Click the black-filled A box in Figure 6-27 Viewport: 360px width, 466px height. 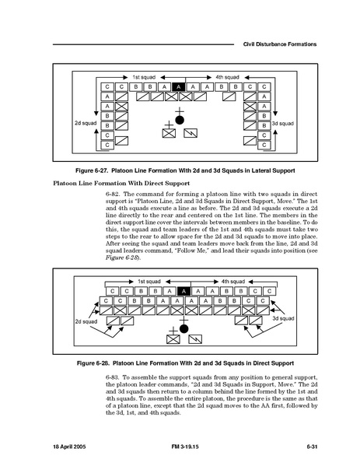[179, 87]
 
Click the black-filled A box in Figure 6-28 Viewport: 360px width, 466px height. [183, 291]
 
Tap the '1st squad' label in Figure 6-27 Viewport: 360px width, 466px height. [144, 77]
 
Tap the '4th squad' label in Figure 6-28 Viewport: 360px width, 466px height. [232, 282]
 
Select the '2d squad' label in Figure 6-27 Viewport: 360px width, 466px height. [86, 123]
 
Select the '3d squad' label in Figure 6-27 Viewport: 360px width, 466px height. [283, 124]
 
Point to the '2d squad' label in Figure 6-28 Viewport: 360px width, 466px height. [86, 321]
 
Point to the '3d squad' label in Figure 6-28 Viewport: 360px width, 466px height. [283, 318]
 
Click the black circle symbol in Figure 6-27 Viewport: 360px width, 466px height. [180, 120]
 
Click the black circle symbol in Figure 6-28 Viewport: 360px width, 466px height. [183, 329]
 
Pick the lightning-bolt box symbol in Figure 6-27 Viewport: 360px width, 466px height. [190, 133]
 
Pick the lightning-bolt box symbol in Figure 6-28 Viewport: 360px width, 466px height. [195, 339]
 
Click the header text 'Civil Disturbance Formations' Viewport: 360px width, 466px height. [280, 44]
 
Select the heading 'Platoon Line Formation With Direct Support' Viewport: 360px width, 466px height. [121, 183]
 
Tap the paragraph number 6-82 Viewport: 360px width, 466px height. [113, 194]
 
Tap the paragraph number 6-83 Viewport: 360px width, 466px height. [113, 377]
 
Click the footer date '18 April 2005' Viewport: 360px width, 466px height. [69, 447]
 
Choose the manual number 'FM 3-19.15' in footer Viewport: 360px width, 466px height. [185, 447]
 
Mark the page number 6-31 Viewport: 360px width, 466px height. [312, 447]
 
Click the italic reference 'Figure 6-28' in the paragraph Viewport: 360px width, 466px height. [122, 258]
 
